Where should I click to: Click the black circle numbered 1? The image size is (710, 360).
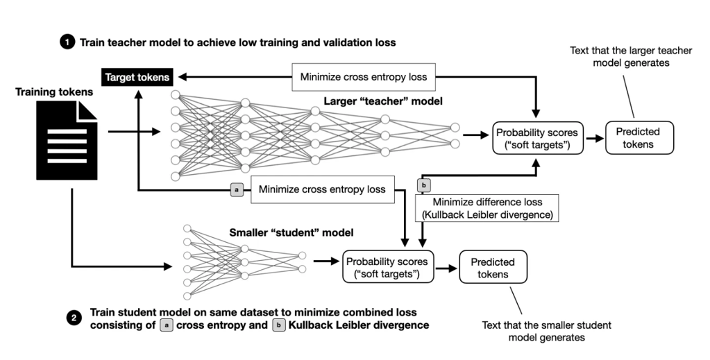67,42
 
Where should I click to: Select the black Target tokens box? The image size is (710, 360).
137,77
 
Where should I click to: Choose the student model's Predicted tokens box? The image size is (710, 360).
492,268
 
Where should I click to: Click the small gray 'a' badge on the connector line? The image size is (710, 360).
236,188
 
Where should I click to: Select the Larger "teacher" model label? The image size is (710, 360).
382,102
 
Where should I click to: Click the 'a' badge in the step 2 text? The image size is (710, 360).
166,325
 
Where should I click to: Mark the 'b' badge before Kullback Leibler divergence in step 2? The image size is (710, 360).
278,325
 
